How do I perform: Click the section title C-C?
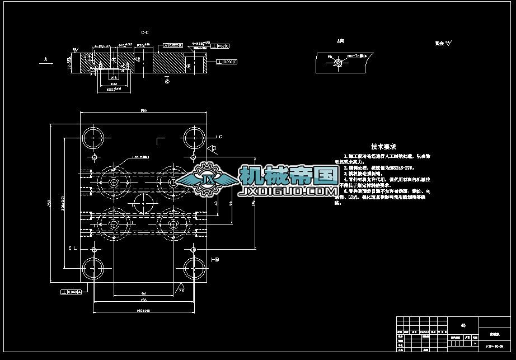tap(144, 33)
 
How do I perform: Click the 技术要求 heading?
tap(383, 146)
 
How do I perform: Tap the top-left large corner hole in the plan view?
tap(93, 137)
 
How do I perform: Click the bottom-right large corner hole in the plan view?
tap(194, 269)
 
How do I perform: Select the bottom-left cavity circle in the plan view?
tap(114, 225)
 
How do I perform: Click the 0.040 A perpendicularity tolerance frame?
tap(71, 292)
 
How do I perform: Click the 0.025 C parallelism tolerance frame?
tap(173, 44)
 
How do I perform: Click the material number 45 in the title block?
tap(463, 325)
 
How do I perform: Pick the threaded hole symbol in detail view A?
tap(337, 64)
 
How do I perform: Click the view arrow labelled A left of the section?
tap(46, 59)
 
